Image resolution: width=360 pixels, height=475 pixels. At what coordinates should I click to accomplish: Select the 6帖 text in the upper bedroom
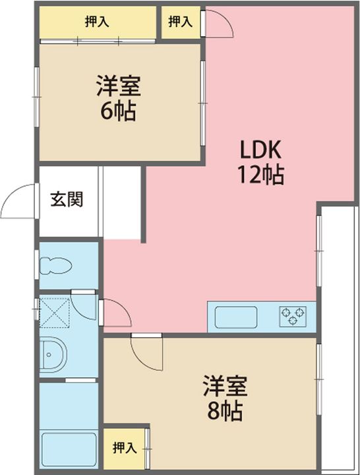pyautogui.click(x=117, y=111)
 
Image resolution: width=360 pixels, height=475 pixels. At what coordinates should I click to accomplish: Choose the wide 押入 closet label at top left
pyautogui.click(x=97, y=22)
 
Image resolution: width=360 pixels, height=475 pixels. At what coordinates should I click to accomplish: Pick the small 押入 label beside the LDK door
pyautogui.click(x=180, y=22)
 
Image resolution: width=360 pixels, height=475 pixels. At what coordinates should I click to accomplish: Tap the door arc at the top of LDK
pyautogui.click(x=218, y=25)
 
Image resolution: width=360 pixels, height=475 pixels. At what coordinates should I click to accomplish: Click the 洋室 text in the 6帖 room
pyautogui.click(x=117, y=86)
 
